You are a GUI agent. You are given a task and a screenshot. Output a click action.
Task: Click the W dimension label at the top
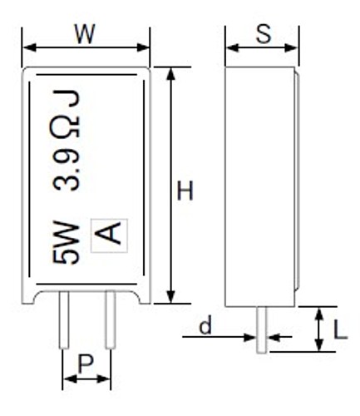point(85,34)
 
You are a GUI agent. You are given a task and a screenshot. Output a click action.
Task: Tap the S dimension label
point(264,34)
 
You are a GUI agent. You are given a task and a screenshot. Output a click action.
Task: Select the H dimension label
point(185,191)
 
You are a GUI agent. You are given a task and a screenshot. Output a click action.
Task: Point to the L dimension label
point(340,330)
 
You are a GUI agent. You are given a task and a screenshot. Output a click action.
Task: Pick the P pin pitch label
point(86,364)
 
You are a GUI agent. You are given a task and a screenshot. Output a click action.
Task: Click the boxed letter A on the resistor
point(109,235)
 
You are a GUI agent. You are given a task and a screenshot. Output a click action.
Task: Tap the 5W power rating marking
point(66,242)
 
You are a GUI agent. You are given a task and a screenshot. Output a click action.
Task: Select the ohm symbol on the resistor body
point(66,127)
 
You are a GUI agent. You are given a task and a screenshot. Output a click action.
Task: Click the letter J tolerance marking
point(67,98)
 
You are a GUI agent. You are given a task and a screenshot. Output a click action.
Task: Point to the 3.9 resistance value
point(66,169)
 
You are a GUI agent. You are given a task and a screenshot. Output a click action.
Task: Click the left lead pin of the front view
point(64,319)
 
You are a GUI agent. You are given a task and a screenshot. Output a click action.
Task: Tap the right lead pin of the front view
point(110,319)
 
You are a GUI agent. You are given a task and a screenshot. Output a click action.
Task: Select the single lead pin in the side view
point(261,329)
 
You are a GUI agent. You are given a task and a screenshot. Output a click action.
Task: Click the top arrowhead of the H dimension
point(171,74)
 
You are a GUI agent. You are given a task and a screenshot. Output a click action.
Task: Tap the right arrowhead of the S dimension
point(291,47)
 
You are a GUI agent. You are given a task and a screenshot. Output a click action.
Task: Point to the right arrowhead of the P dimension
point(104,379)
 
